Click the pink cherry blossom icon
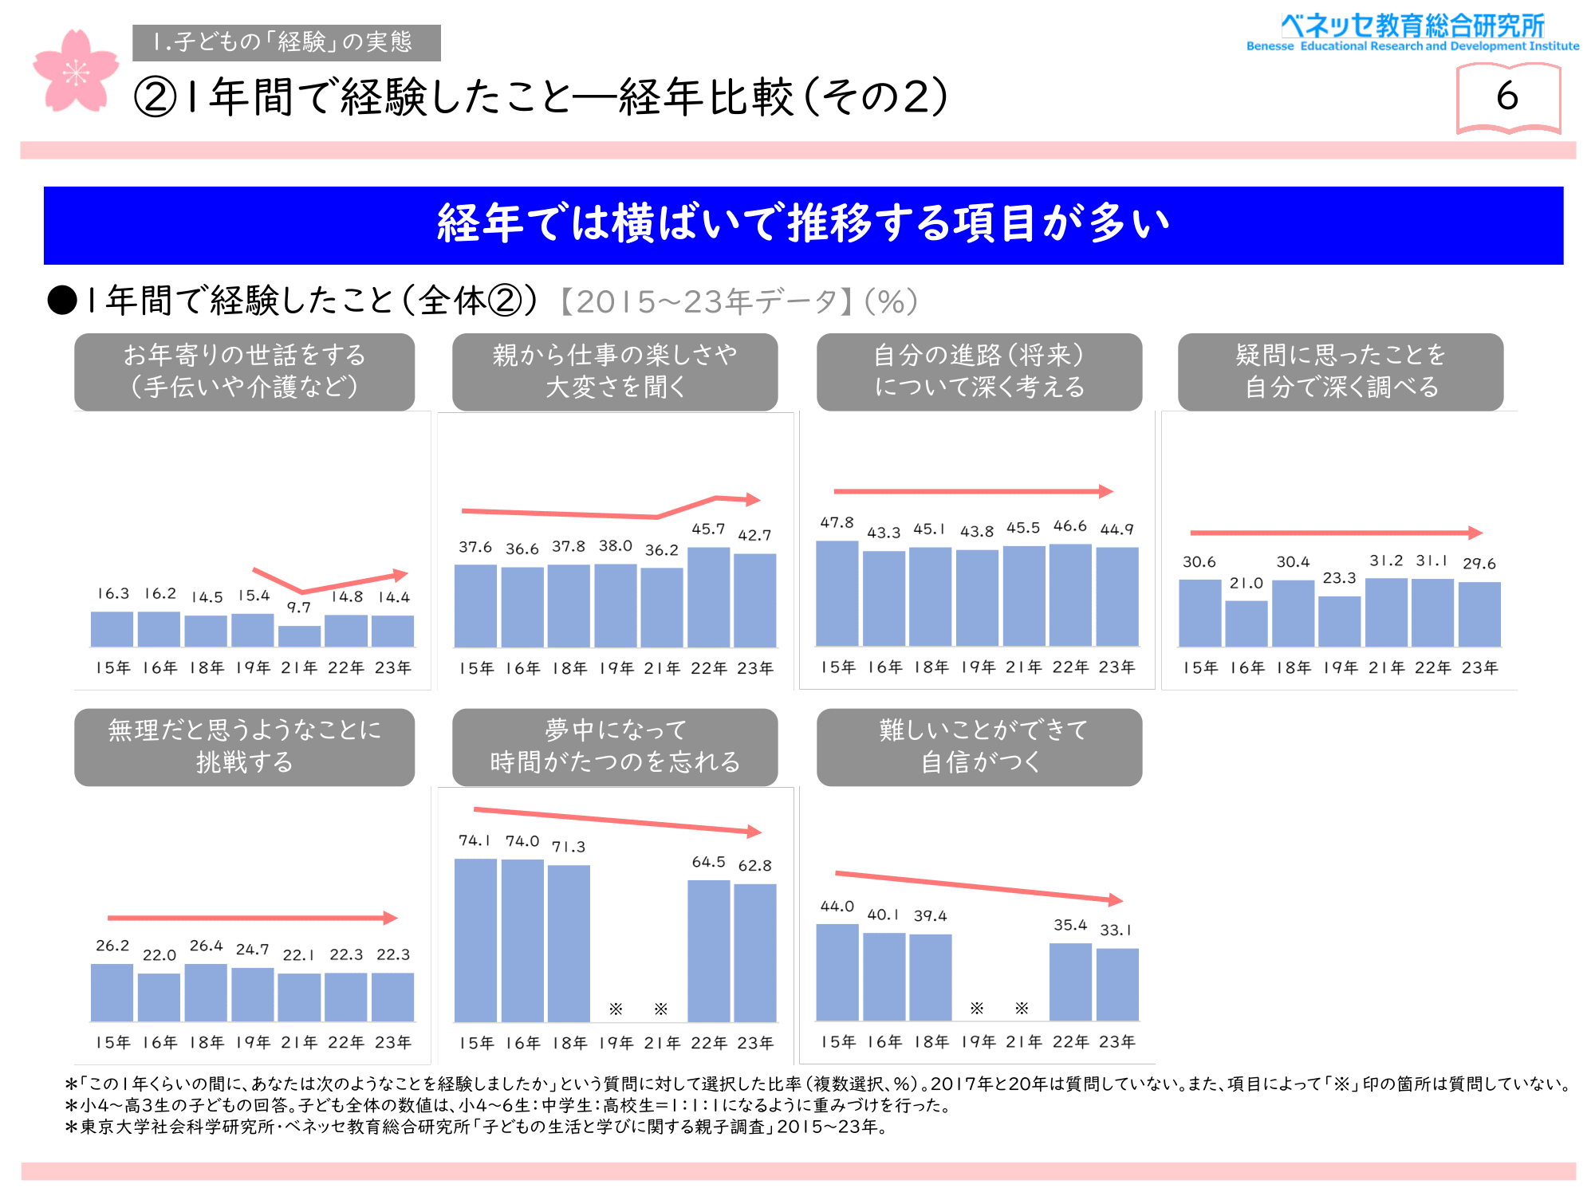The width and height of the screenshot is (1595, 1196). tap(76, 72)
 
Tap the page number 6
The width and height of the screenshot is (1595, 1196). tap(1506, 96)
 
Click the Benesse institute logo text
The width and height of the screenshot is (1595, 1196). tap(1412, 33)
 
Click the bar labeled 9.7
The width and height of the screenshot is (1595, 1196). tap(299, 636)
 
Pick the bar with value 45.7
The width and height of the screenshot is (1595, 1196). tap(708, 597)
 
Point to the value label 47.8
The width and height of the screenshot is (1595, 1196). tap(837, 522)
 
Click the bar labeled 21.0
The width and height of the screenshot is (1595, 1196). tap(1246, 624)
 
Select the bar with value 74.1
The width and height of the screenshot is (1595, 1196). tap(475, 940)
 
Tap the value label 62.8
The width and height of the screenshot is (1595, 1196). tap(754, 866)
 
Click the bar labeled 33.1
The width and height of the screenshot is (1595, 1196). tap(1117, 985)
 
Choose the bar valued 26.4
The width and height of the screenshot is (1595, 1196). tap(206, 993)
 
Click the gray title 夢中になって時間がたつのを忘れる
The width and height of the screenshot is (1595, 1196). tap(615, 747)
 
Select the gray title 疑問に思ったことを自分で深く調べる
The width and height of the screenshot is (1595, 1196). tap(1341, 372)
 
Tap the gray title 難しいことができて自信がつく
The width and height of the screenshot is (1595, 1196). tap(979, 747)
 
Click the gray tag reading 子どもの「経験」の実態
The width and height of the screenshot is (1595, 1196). tap(286, 42)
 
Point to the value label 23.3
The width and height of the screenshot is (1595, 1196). tap(1339, 578)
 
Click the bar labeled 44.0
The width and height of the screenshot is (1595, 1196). tap(837, 973)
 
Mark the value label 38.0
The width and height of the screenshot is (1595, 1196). tap(615, 546)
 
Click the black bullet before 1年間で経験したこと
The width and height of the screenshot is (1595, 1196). tap(62, 301)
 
